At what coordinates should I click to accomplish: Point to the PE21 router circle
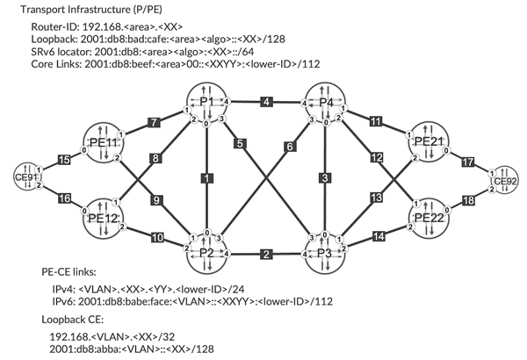click(x=427, y=143)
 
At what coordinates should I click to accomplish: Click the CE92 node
click(x=504, y=181)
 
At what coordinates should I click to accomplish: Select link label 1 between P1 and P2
click(x=207, y=179)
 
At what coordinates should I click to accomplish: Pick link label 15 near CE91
click(x=62, y=159)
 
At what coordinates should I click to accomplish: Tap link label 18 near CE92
click(x=468, y=202)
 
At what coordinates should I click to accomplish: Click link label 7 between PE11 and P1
click(x=155, y=121)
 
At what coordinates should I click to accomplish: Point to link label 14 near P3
click(x=378, y=237)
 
